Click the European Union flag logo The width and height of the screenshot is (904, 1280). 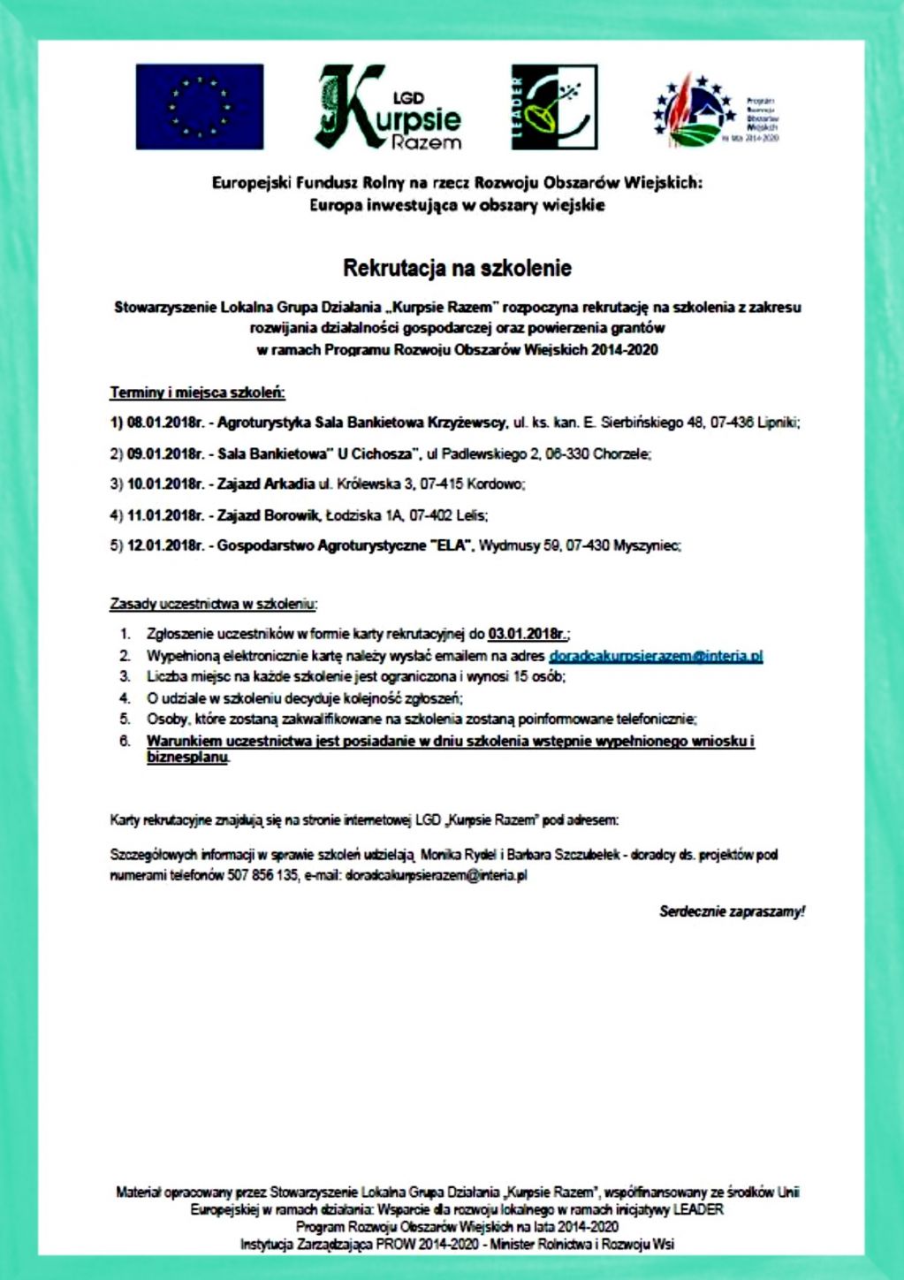point(200,106)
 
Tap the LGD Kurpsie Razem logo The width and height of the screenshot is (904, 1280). point(389,107)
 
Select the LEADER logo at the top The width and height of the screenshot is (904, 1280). point(554,107)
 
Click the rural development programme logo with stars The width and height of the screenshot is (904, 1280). point(716,111)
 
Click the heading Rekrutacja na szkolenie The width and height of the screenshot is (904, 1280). point(457,268)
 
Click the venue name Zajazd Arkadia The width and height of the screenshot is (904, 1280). point(266,484)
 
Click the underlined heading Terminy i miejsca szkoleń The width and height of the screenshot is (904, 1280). point(197,392)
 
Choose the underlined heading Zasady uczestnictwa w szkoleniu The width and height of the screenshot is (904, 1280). point(213,604)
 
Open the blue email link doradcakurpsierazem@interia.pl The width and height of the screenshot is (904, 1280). point(656,656)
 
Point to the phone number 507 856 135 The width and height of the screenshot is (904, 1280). point(262,876)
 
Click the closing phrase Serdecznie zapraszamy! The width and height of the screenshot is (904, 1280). point(732,911)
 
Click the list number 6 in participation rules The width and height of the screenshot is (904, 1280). point(125,741)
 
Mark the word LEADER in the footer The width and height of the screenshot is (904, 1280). point(698,1209)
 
